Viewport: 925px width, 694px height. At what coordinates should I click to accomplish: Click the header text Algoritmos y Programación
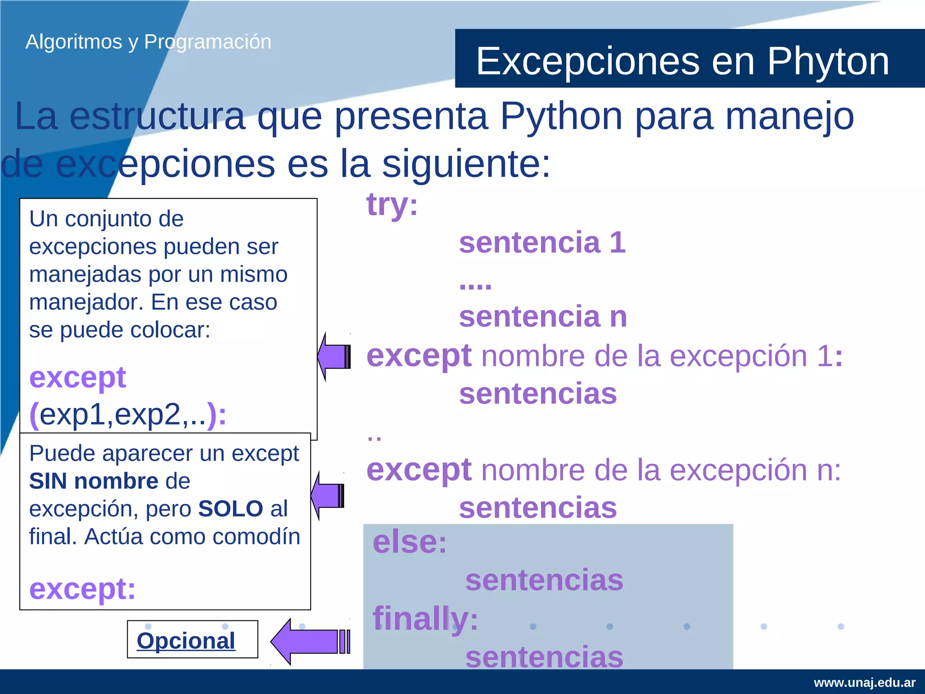tap(148, 42)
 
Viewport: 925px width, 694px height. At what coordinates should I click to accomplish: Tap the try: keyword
tap(392, 205)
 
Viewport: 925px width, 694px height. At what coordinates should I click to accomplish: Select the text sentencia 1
tap(542, 243)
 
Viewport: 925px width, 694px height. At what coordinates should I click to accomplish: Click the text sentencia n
tap(543, 316)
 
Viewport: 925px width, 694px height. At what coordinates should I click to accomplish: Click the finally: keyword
tap(425, 619)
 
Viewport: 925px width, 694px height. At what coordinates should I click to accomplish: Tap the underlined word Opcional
tap(186, 641)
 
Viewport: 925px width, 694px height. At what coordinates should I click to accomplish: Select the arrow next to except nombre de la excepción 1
tap(334, 356)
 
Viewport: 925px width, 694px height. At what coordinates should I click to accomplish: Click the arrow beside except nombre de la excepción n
tap(327, 496)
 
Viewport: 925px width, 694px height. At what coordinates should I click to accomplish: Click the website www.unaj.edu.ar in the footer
tap(864, 682)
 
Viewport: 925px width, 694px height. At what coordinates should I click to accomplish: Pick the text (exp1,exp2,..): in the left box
tap(128, 414)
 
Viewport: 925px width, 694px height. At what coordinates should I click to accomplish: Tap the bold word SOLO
tap(230, 509)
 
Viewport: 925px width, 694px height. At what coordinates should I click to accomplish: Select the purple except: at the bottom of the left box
tap(82, 589)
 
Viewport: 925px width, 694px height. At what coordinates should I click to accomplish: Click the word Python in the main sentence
tap(561, 117)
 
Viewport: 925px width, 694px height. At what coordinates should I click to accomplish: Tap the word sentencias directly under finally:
tap(544, 656)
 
